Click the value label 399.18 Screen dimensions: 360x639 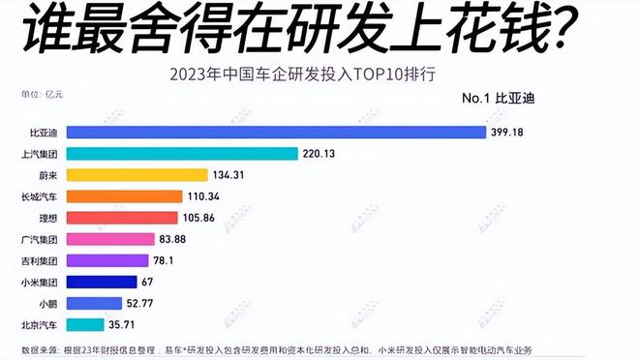point(507,132)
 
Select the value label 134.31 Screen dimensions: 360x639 point(231,175)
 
